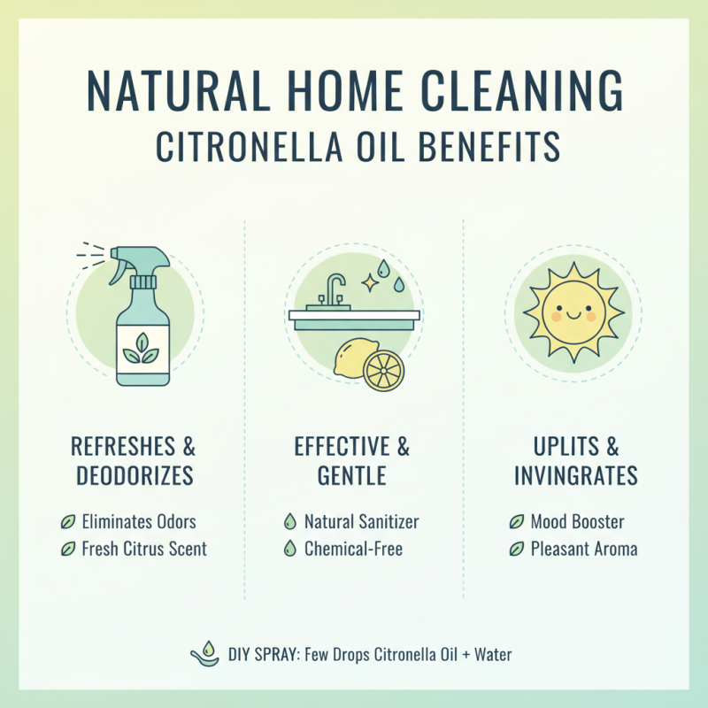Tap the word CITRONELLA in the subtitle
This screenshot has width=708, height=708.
point(257,148)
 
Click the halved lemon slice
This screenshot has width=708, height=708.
point(383,371)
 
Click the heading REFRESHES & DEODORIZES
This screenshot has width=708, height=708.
point(134,461)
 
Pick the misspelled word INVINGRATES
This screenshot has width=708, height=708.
point(577,475)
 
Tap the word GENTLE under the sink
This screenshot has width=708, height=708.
point(352,475)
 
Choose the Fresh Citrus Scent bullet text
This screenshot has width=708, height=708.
point(144,549)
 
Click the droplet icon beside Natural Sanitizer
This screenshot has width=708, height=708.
point(289,522)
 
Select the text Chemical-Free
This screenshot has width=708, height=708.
point(353,549)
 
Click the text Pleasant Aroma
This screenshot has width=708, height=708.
point(584,549)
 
